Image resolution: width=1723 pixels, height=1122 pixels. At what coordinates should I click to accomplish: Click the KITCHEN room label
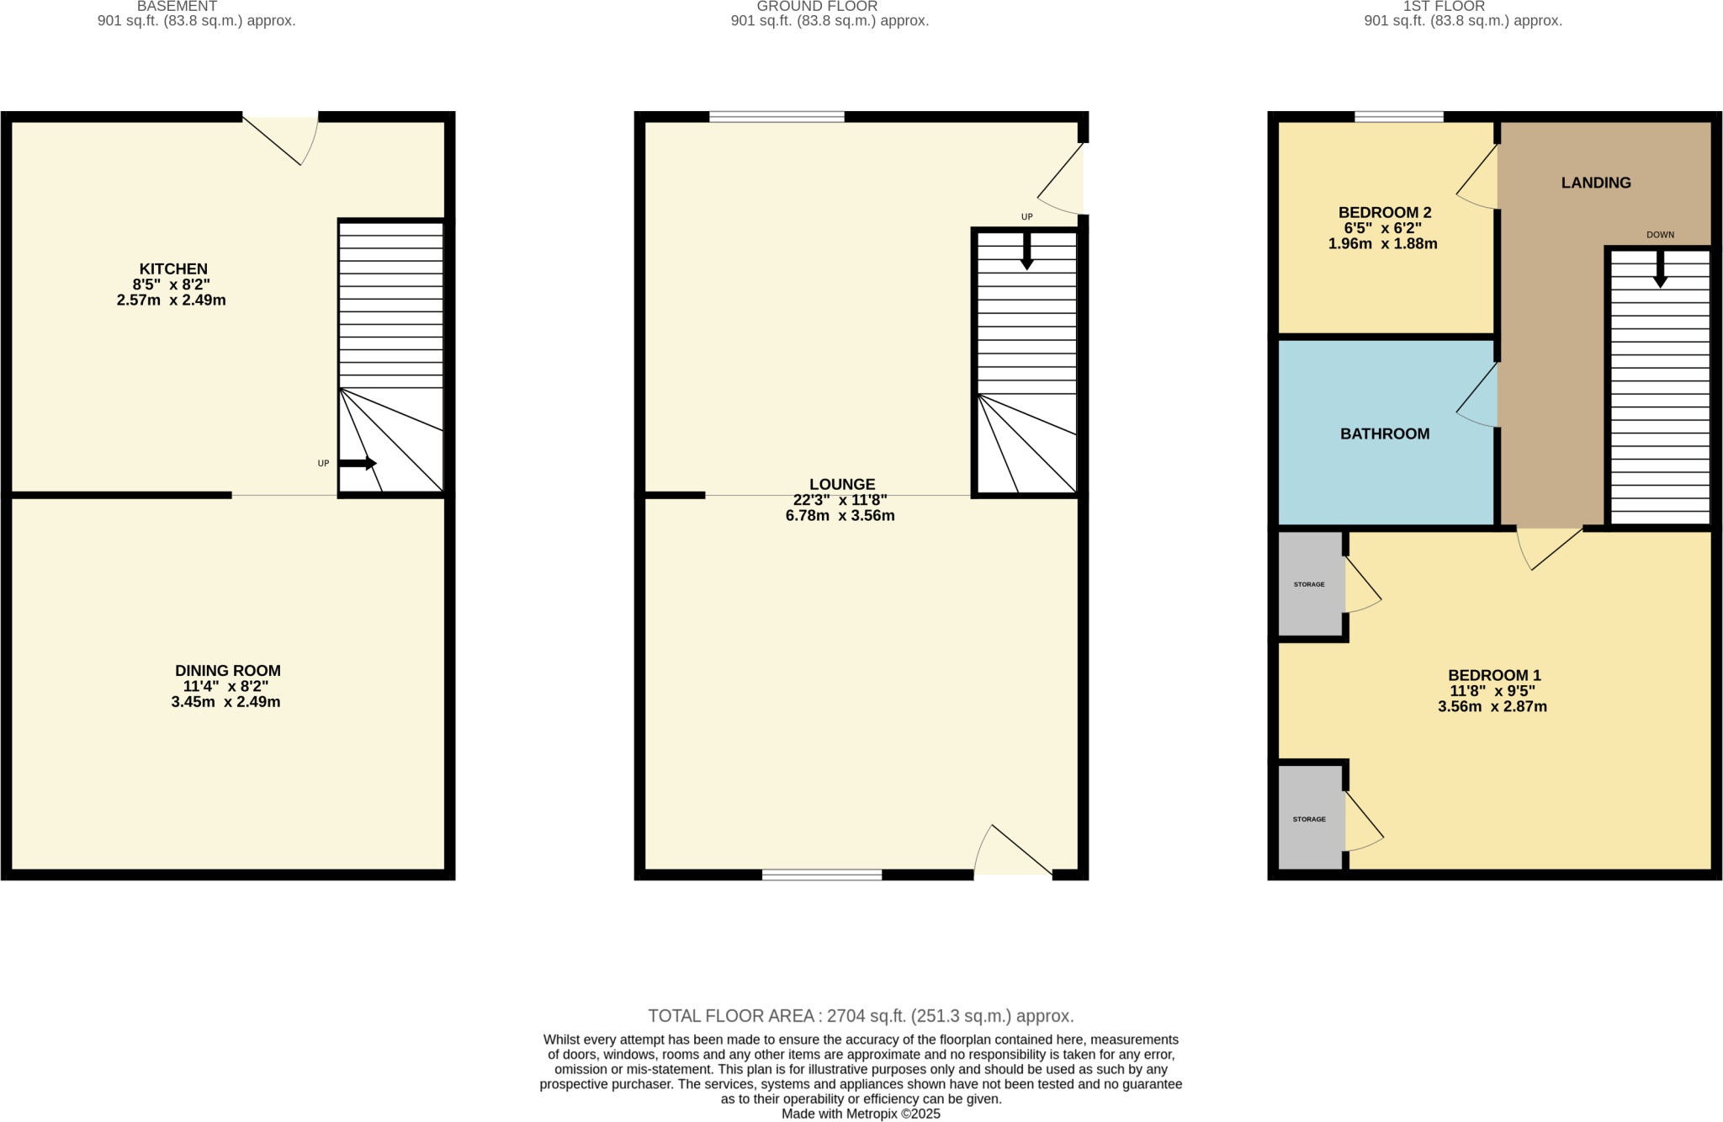pos(173,269)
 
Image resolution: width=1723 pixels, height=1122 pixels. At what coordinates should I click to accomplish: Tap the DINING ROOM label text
pos(227,671)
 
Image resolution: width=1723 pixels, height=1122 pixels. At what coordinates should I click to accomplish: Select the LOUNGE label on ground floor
pos(841,484)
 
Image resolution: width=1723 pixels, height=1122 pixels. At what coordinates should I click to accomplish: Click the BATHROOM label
pos(1384,433)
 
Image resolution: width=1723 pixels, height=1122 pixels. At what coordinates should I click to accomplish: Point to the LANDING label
pos(1595,183)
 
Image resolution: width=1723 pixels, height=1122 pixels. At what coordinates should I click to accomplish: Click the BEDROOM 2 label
pos(1384,213)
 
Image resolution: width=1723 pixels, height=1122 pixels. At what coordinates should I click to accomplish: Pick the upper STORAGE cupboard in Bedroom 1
pos(1309,584)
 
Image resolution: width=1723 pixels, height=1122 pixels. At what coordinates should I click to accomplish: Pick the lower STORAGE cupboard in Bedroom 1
pos(1309,818)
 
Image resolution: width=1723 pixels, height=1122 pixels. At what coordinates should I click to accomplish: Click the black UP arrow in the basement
pos(358,463)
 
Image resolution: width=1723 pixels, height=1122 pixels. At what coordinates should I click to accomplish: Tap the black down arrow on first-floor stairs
pos(1660,270)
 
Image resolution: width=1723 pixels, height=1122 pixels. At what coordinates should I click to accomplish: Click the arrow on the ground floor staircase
pos(1026,251)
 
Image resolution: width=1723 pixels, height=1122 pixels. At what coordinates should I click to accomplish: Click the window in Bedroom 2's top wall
pos(1398,117)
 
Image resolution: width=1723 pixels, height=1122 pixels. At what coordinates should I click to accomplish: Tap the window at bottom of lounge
pos(821,875)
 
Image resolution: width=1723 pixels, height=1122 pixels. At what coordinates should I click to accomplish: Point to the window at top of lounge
pos(776,117)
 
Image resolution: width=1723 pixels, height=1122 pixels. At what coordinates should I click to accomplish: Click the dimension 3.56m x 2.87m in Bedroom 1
pos(1492,707)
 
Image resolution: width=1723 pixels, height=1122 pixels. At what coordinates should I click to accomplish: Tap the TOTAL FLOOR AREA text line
pos(860,1016)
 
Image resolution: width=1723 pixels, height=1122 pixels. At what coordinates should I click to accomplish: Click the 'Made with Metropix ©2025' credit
pos(860,1114)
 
